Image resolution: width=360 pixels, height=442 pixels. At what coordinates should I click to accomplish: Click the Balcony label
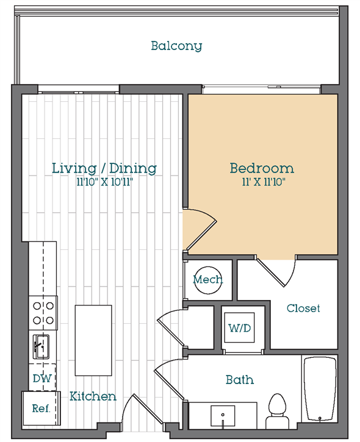point(176,46)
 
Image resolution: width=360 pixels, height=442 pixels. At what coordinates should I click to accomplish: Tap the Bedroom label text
point(262,168)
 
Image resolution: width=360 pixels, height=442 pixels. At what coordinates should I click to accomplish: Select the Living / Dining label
point(104,168)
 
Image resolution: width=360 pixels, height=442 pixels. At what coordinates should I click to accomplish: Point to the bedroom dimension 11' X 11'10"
point(262,182)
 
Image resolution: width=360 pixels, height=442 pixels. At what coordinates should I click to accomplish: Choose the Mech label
point(207,280)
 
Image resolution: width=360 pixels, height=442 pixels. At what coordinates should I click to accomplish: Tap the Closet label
point(303,308)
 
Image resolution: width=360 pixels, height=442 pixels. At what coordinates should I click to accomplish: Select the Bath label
point(240,380)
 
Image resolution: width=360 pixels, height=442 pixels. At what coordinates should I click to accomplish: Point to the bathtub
point(320,389)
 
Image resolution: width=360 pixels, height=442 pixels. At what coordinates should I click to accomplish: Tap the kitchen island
point(93,340)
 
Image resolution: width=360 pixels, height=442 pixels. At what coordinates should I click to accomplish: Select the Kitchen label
point(93,396)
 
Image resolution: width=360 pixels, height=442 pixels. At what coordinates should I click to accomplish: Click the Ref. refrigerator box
point(40,408)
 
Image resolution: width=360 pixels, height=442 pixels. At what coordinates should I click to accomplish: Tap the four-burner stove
point(42,312)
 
